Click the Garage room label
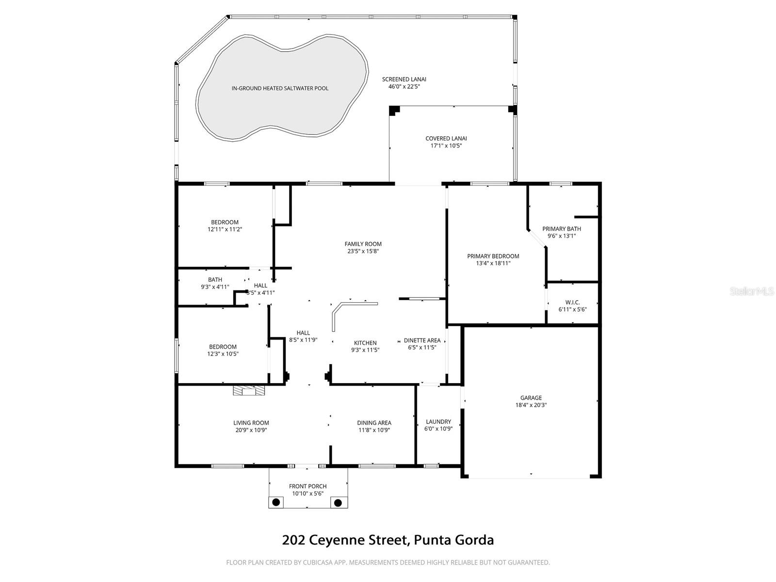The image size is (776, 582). (531, 398)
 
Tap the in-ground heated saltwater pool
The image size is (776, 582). (280, 88)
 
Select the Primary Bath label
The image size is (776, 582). (562, 229)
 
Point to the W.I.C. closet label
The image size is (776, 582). (572, 302)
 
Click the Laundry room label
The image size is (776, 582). (438, 421)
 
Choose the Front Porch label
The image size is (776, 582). (308, 486)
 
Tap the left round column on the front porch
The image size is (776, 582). (276, 502)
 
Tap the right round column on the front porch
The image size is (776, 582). (338, 502)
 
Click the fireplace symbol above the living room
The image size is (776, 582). (249, 390)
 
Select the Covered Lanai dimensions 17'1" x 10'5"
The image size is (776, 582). (446, 145)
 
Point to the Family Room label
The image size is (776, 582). (363, 244)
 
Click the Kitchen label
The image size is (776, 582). (365, 343)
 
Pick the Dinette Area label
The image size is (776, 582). (422, 340)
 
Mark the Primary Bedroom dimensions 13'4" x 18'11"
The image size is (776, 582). (493, 263)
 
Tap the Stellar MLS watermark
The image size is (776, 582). (751, 291)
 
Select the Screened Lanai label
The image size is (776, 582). (404, 79)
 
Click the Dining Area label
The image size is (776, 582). (374, 422)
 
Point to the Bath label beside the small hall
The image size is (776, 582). (215, 279)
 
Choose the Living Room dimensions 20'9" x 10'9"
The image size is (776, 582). (251, 430)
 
